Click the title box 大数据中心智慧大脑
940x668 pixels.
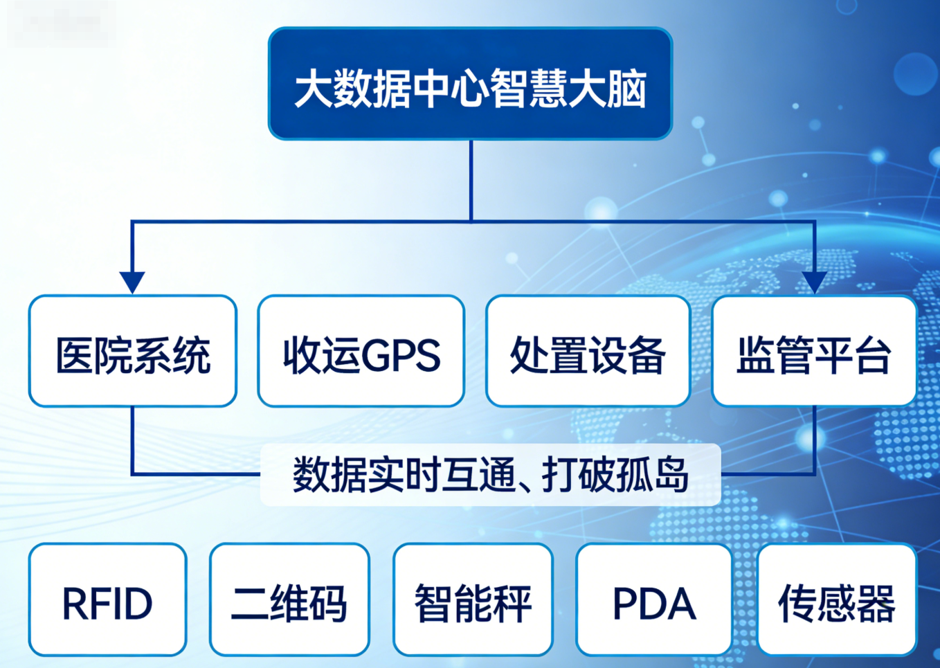[470, 84]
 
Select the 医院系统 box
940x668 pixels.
[133, 351]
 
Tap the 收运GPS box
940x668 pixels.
[361, 351]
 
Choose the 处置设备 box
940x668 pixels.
[588, 351]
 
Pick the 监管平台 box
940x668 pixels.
[814, 351]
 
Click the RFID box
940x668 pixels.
[107, 599]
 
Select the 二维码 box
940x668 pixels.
[289, 599]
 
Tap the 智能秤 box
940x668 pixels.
[473, 599]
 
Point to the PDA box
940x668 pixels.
[654, 599]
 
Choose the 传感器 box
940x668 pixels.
[837, 599]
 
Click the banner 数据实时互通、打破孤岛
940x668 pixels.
[490, 475]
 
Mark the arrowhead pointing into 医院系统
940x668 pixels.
[132, 282]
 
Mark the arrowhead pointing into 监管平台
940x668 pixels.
[814, 282]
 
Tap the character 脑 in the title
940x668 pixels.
[627, 89]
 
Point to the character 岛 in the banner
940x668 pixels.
[669, 475]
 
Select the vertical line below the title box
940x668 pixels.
[471, 180]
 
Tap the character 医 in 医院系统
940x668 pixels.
[75, 356]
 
